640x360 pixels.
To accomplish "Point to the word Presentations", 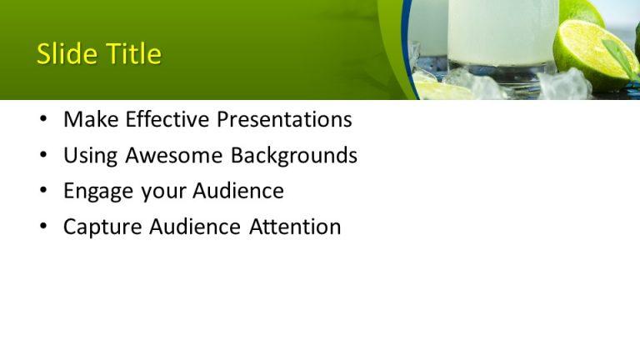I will [284, 120].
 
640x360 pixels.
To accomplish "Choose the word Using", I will [91, 156].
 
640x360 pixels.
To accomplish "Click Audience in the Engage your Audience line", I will [238, 192].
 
